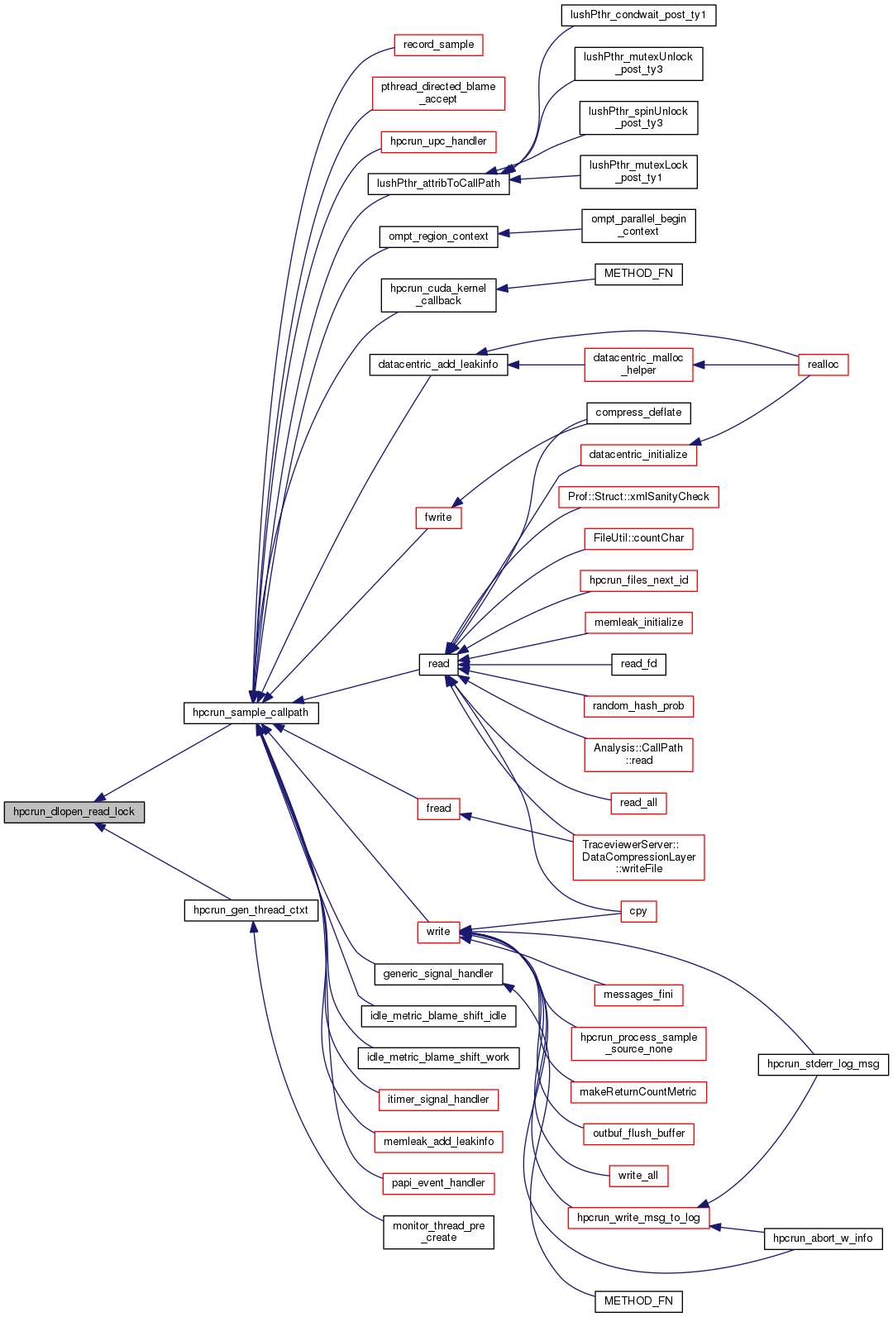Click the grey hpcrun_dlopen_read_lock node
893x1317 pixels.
point(74,812)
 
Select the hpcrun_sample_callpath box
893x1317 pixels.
point(251,713)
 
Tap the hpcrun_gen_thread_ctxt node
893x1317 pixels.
point(251,910)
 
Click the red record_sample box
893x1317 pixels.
point(438,45)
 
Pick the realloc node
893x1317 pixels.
point(823,365)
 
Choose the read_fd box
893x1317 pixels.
point(638,664)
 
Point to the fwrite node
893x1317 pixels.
point(438,518)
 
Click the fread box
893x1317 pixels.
point(438,809)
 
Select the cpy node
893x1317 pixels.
point(638,911)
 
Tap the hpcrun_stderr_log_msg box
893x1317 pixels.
point(823,1064)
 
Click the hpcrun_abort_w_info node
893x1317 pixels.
point(823,1238)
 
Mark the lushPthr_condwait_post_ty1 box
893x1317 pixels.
point(638,15)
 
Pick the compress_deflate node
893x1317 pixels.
point(638,413)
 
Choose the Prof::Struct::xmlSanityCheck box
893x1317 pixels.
point(638,497)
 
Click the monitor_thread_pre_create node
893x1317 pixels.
point(438,1232)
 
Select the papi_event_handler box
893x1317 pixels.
point(438,1183)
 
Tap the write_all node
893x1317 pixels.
point(638,1176)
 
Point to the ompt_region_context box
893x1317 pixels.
point(438,236)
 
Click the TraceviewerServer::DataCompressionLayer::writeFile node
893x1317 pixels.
point(638,857)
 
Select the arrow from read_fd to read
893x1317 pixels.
point(537,664)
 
